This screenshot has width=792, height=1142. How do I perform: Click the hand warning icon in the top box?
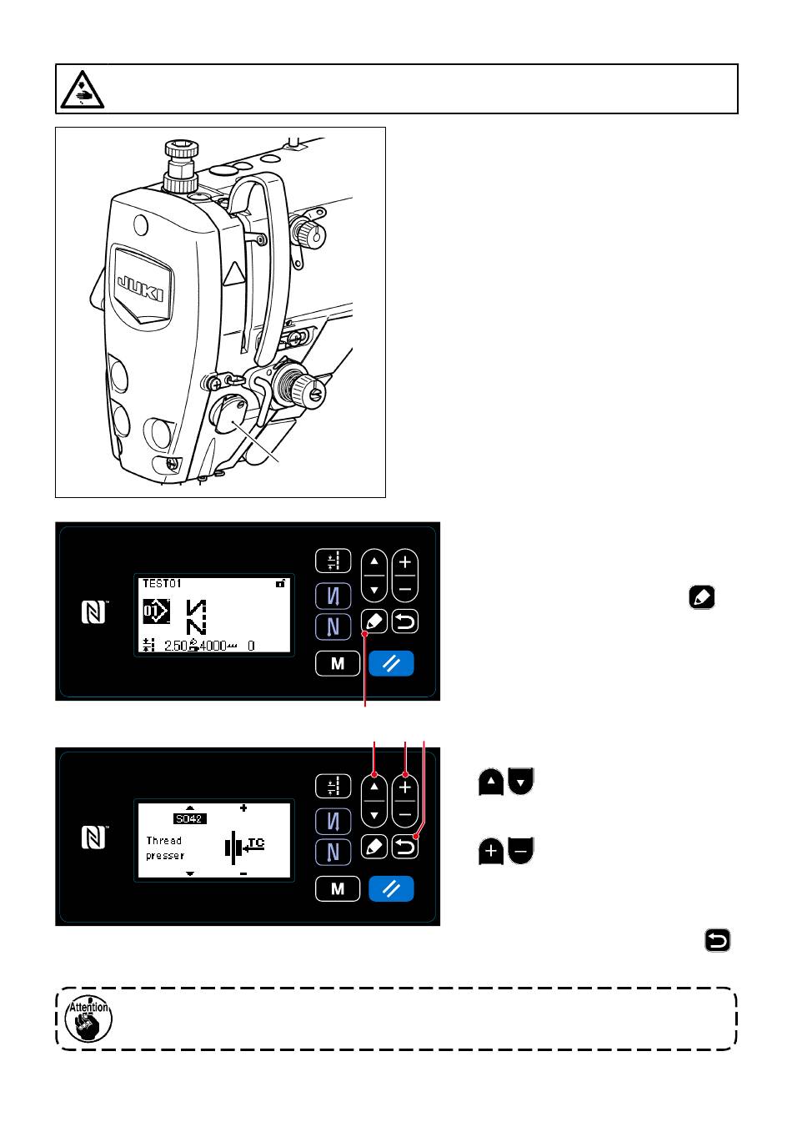point(81,88)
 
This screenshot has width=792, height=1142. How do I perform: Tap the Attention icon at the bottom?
point(88,1019)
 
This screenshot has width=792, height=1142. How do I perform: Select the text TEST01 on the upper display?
point(162,584)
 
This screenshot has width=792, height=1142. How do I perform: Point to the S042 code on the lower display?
point(189,819)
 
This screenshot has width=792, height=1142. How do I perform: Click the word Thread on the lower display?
point(164,841)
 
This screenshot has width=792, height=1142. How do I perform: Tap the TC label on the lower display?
point(256,843)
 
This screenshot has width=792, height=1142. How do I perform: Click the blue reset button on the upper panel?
point(391,664)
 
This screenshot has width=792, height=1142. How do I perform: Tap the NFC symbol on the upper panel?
point(93,613)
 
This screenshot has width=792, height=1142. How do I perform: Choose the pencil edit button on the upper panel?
point(374,621)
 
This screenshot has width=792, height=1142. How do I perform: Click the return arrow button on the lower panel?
point(405,848)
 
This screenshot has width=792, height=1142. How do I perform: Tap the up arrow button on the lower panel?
point(374,787)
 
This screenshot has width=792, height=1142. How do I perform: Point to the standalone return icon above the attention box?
point(718,942)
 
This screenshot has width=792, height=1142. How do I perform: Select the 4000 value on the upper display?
point(213,646)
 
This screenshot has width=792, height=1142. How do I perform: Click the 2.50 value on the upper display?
point(175,646)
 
